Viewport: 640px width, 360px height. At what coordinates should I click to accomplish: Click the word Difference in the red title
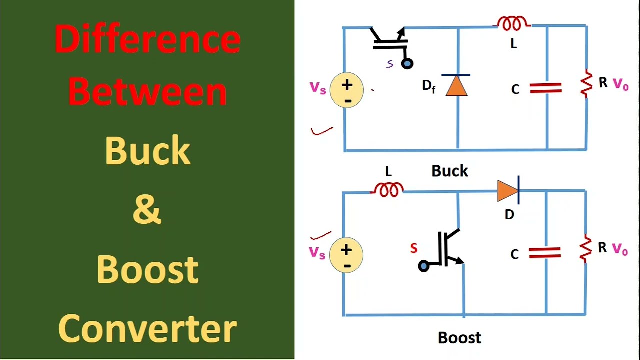click(x=147, y=39)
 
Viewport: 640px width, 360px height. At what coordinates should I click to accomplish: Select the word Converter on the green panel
click(x=147, y=328)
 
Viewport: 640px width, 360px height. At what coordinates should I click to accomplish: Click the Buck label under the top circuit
click(x=449, y=171)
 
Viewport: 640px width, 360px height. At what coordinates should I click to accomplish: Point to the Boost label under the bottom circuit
click(x=459, y=338)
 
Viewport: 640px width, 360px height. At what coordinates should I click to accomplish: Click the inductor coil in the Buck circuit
click(x=513, y=23)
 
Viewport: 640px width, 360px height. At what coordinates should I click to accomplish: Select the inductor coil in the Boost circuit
click(x=388, y=190)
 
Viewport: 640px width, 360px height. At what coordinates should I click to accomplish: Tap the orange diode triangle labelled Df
click(x=456, y=85)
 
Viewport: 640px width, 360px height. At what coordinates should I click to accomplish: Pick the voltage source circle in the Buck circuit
click(x=346, y=90)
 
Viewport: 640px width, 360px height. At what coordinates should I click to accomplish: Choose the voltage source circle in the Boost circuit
click(x=346, y=255)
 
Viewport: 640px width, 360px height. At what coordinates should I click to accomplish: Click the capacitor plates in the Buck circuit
click(x=545, y=89)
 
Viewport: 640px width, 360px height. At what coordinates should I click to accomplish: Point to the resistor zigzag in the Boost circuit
click(x=586, y=248)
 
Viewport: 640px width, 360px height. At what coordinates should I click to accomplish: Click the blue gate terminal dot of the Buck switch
click(x=407, y=64)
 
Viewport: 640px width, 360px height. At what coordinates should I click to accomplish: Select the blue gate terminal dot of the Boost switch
click(x=423, y=266)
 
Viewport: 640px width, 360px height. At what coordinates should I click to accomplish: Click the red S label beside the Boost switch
click(x=413, y=248)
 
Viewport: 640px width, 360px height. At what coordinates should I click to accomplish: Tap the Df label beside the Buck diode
click(x=428, y=86)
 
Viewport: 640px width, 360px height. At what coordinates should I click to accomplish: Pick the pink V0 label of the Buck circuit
click(x=620, y=84)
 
